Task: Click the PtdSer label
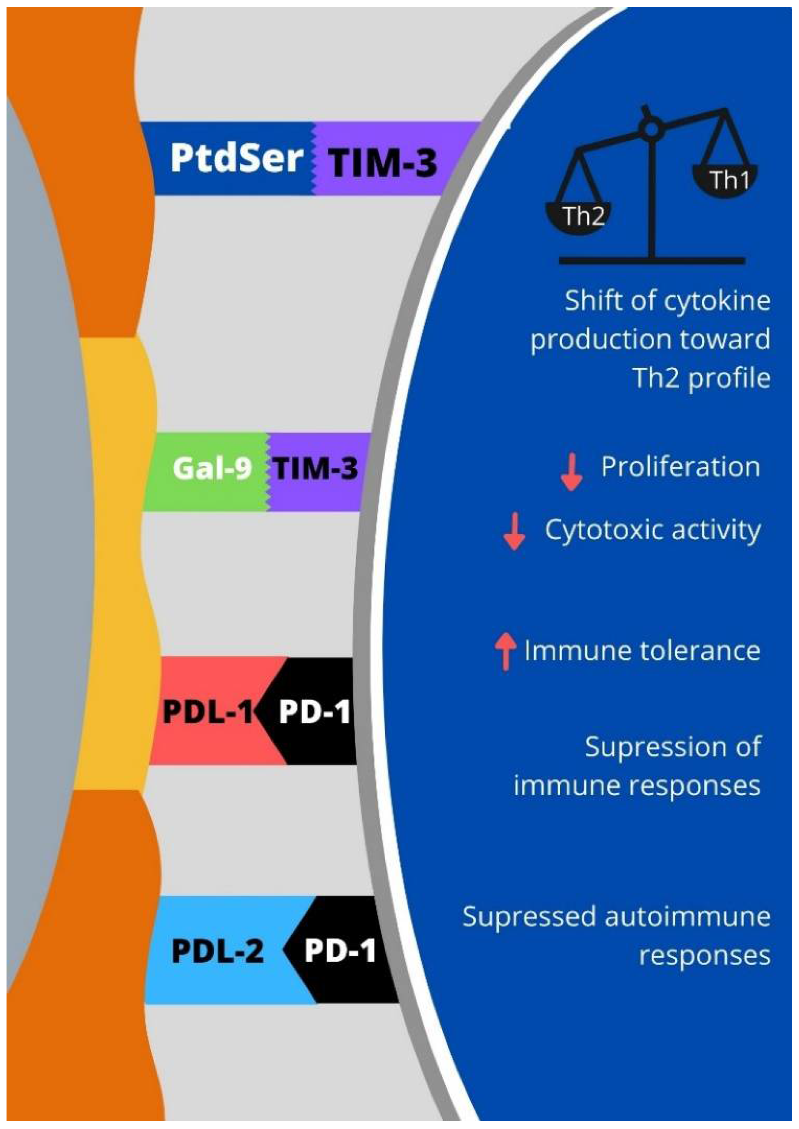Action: [x=236, y=158]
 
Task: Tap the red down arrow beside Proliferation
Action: [x=571, y=472]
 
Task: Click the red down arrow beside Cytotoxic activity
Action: [x=514, y=531]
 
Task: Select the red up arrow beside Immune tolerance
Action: [x=505, y=652]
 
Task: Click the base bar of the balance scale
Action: [x=652, y=261]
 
